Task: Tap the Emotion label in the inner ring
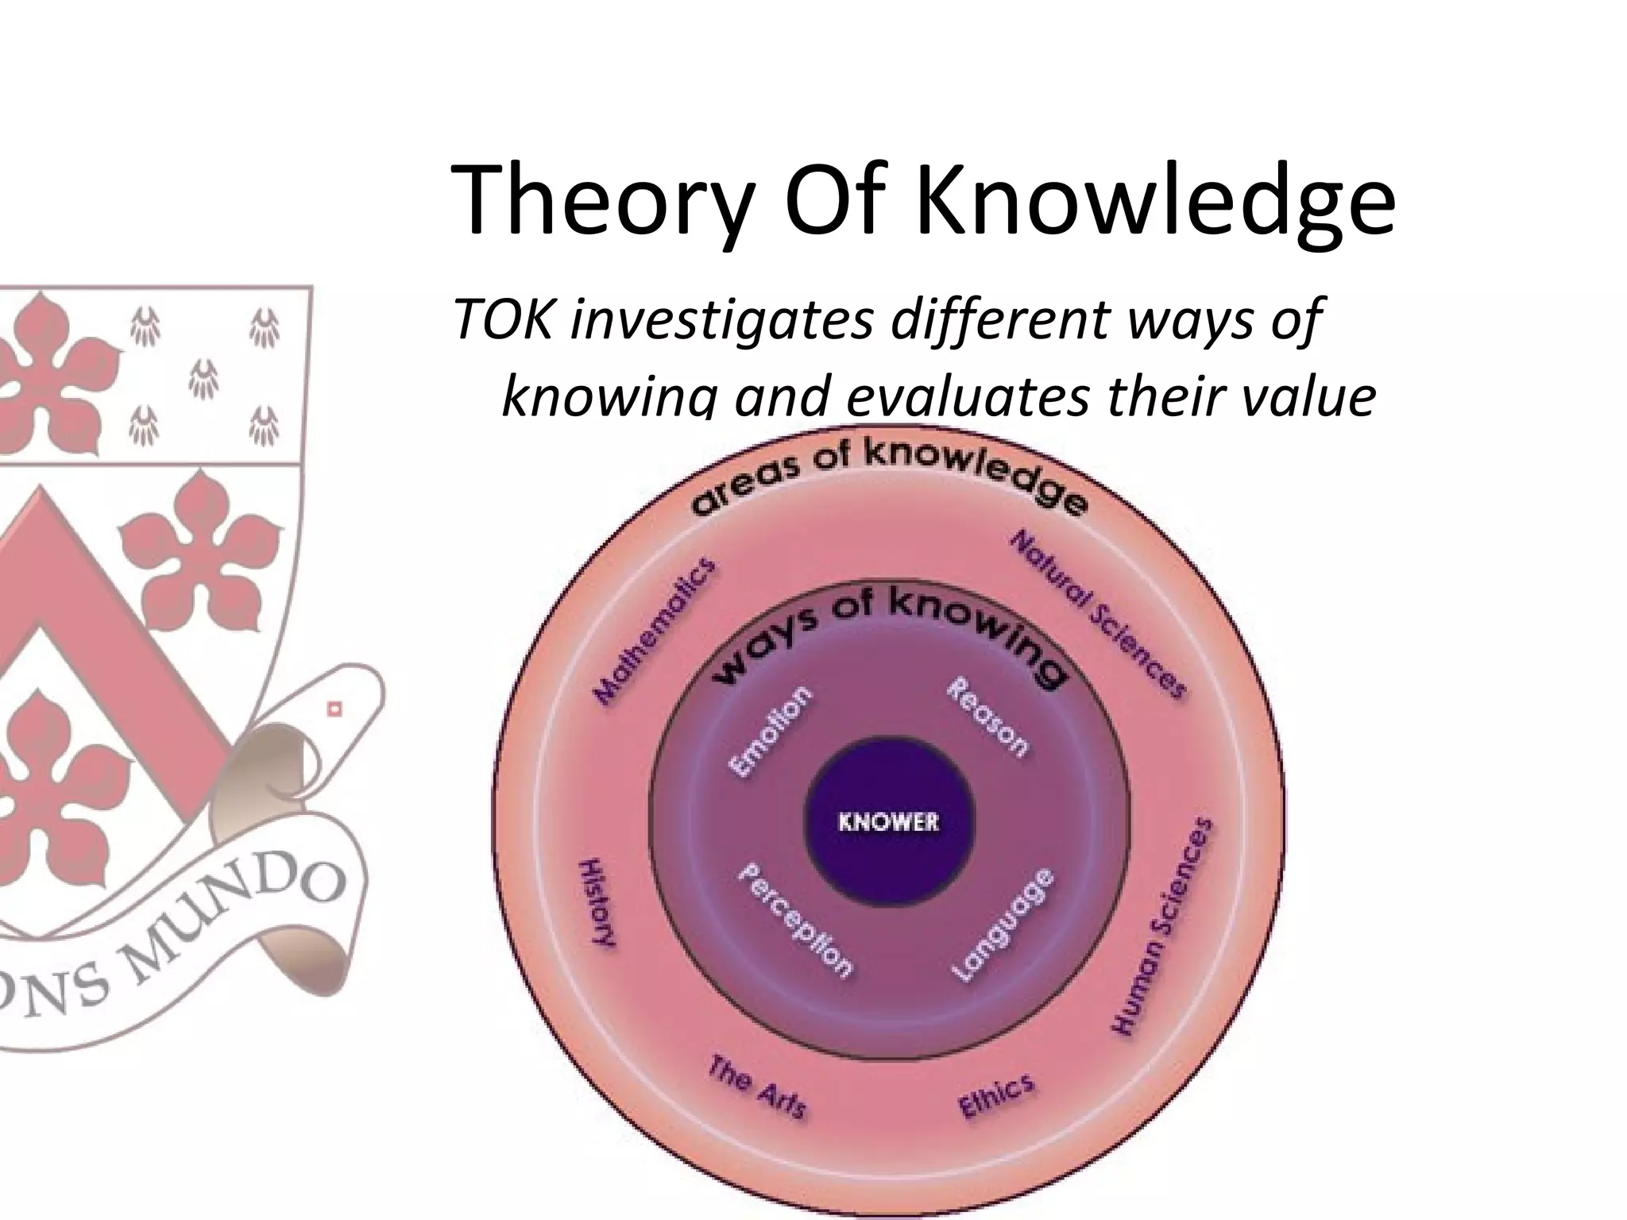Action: [771, 731]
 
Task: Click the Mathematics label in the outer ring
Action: [654, 631]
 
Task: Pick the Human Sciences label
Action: [1163, 925]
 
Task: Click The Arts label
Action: [757, 1086]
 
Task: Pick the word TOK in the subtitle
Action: [502, 322]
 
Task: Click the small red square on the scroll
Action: [334, 708]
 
